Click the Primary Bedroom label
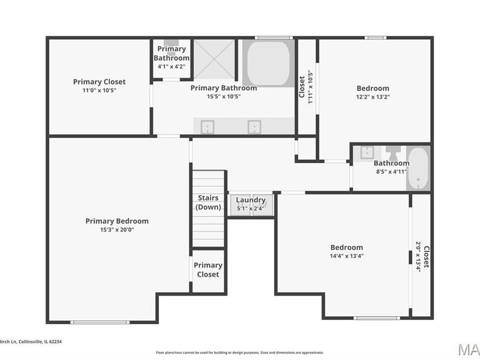(x=117, y=221)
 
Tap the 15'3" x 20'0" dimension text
(x=117, y=230)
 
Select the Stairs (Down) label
(x=208, y=202)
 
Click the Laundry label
(x=251, y=200)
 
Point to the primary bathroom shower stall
(x=214, y=59)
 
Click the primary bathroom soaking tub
(x=269, y=62)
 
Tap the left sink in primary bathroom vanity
(x=207, y=126)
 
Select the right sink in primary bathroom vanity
(x=254, y=126)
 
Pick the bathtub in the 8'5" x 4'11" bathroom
(x=419, y=168)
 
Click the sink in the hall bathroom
(x=367, y=152)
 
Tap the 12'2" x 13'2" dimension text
(x=373, y=97)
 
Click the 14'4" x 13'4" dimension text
(x=347, y=256)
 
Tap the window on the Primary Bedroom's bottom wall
(x=100, y=322)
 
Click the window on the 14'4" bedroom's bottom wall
(x=377, y=318)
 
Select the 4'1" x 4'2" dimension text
(x=172, y=67)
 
